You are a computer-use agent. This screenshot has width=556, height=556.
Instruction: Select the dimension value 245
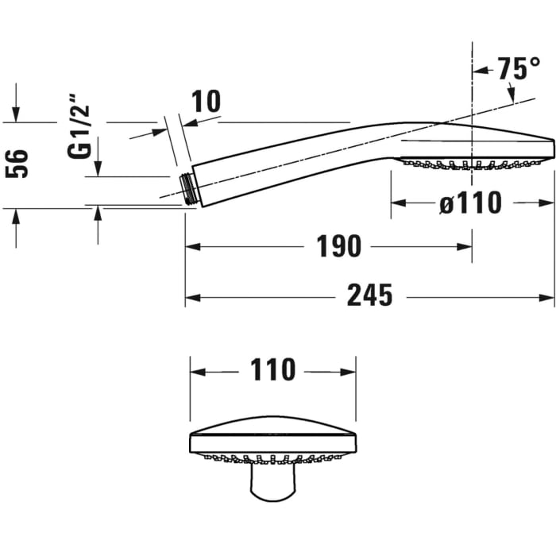(369, 296)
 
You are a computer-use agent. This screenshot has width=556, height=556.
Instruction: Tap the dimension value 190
(339, 246)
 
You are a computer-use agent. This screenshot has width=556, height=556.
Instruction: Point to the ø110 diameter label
(470, 203)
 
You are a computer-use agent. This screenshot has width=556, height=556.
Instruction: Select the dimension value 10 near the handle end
(206, 101)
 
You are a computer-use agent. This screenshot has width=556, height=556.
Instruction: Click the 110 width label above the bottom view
(272, 369)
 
